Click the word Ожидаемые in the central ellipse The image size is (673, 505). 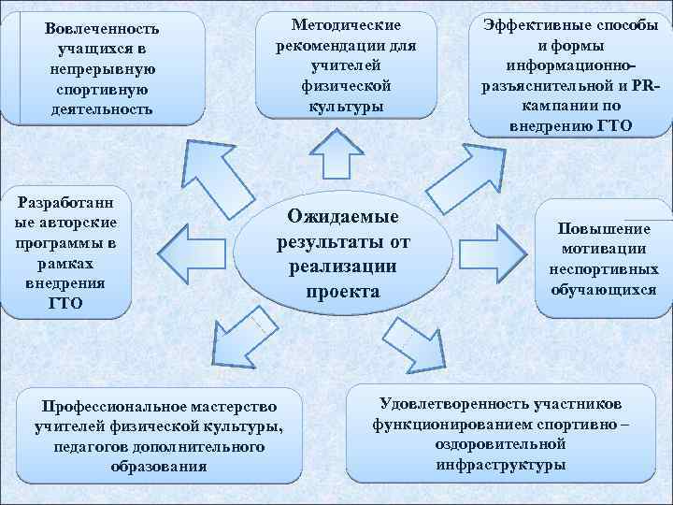click(x=342, y=217)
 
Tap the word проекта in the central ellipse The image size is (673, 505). click(x=342, y=291)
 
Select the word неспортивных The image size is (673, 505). click(x=603, y=269)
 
